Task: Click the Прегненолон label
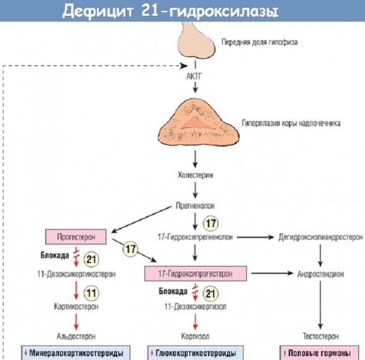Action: coord(195,206)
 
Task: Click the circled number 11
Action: coord(92,293)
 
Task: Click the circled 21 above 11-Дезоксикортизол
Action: coord(210,294)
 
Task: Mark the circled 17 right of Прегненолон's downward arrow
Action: coord(210,223)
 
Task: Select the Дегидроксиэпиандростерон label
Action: coord(320,237)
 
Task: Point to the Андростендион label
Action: coord(320,273)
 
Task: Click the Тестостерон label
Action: coord(320,336)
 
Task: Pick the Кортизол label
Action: coord(195,336)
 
